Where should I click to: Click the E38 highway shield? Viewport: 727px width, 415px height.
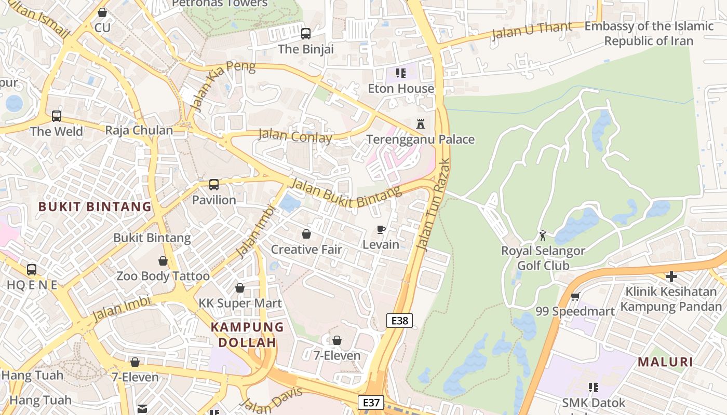point(399,321)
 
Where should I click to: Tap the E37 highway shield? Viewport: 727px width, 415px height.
point(371,403)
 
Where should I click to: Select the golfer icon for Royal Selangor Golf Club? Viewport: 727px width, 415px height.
point(543,236)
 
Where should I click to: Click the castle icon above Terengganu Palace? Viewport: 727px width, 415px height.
point(421,124)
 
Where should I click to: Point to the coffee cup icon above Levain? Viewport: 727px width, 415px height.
point(381,229)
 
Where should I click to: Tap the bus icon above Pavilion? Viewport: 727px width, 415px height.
point(213,184)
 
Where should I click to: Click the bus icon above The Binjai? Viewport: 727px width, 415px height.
point(306,34)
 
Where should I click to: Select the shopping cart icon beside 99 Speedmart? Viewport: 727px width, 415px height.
point(575,297)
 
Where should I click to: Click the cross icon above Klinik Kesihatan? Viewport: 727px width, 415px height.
point(671,276)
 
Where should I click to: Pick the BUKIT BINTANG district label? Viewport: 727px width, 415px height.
point(95,206)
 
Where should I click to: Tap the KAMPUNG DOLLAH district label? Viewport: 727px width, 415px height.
point(247,335)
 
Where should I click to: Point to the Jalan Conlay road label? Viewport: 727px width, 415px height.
point(295,136)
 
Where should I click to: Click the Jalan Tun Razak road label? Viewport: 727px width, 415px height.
point(434,205)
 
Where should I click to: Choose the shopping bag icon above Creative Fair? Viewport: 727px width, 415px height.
point(306,234)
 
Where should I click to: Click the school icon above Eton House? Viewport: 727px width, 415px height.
point(400,73)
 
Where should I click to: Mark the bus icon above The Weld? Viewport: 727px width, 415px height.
point(57,116)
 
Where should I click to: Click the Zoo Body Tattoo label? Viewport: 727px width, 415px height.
point(163,276)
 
